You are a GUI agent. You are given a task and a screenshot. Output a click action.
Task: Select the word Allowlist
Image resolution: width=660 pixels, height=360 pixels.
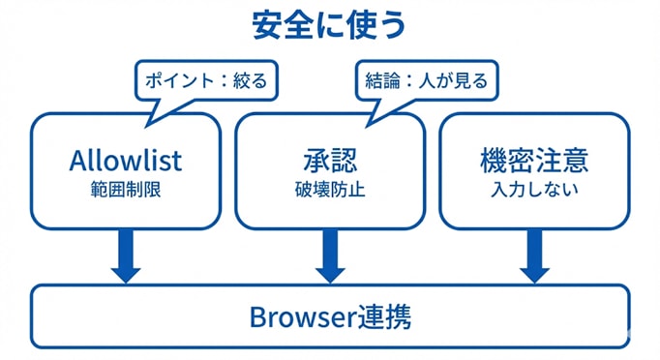[x=126, y=158]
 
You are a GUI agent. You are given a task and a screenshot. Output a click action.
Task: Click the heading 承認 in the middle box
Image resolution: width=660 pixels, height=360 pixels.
[x=330, y=158]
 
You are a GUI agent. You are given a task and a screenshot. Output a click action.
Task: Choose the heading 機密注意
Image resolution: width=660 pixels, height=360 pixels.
[x=534, y=158]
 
